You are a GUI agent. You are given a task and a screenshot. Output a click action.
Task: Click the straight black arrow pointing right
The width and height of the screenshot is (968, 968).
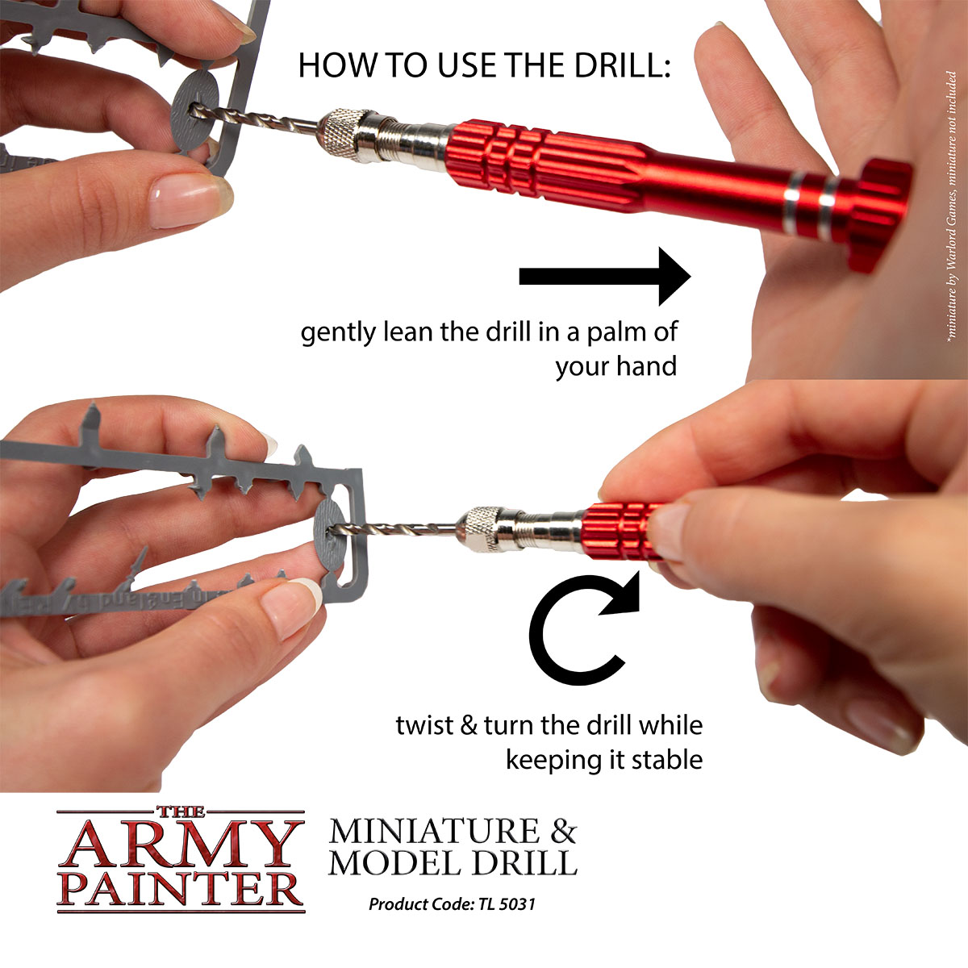point(605,277)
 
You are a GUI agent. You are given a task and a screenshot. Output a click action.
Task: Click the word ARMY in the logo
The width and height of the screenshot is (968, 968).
point(179,845)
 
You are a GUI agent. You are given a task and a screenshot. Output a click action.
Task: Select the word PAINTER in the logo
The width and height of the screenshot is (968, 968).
point(181,887)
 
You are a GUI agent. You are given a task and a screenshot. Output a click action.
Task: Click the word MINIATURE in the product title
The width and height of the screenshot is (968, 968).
point(434,831)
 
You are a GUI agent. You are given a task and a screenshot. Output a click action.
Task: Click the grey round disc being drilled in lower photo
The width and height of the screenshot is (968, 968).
point(331,532)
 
